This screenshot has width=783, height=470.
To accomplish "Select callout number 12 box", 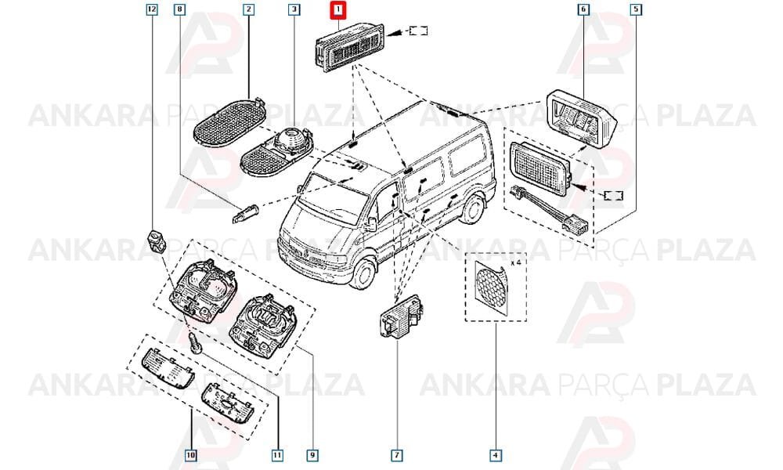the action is click(152, 9).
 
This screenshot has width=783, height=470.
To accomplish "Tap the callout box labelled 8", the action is click(179, 9).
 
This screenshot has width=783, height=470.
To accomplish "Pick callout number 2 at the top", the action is click(249, 9).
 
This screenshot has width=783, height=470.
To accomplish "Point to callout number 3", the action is click(294, 9).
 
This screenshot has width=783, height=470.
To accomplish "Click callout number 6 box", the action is click(583, 9).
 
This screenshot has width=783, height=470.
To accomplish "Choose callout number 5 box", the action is click(636, 9).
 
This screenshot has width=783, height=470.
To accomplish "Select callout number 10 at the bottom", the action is click(191, 455).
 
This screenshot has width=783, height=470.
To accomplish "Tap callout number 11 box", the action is click(277, 455).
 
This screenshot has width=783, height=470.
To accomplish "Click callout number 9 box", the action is click(312, 455).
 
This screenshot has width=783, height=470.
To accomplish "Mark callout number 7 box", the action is click(396, 455).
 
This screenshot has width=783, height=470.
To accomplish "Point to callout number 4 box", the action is click(496, 455).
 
